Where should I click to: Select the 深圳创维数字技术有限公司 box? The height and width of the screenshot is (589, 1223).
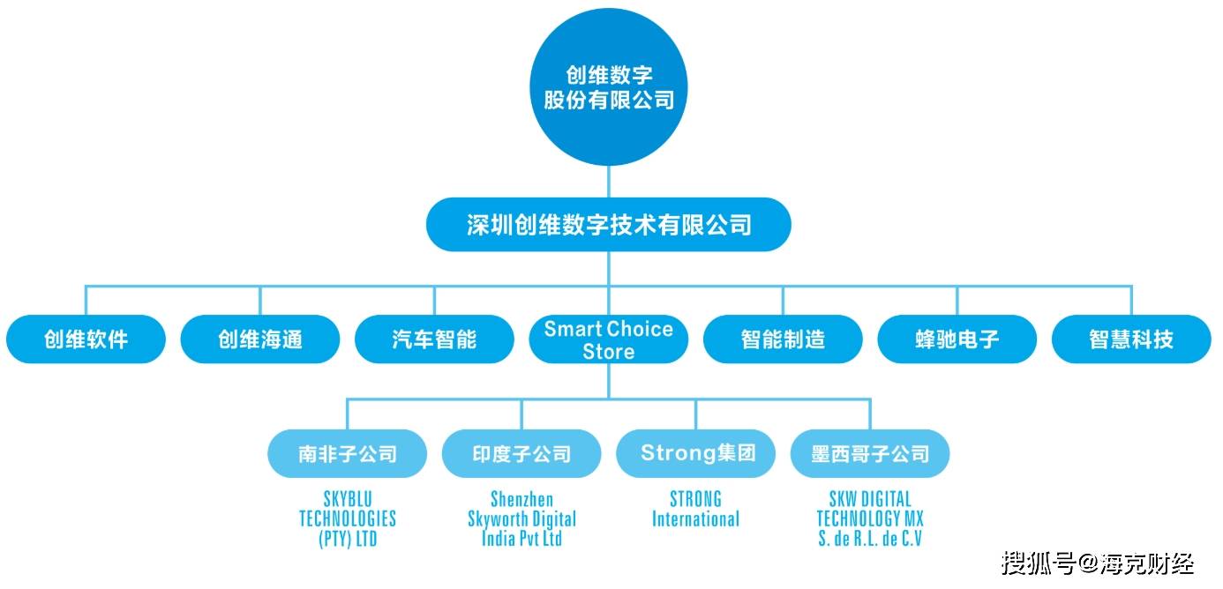click(x=608, y=225)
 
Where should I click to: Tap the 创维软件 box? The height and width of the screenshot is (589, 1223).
click(x=86, y=339)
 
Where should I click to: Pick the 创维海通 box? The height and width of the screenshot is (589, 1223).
click(x=260, y=339)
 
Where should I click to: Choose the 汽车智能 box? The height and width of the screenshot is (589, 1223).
click(x=434, y=339)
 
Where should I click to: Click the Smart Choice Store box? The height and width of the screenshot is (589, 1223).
click(x=608, y=339)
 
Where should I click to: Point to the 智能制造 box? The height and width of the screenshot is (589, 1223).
click(x=783, y=339)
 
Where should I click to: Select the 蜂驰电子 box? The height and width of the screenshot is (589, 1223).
click(x=957, y=339)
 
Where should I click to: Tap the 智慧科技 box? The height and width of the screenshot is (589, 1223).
click(x=1131, y=339)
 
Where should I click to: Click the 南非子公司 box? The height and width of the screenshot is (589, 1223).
click(x=348, y=454)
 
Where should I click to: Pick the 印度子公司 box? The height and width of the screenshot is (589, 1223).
click(x=521, y=454)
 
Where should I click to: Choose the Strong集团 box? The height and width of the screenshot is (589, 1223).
click(x=696, y=454)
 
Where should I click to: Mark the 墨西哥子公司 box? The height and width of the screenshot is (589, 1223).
click(x=870, y=454)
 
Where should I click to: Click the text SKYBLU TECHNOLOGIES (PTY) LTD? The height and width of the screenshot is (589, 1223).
click(x=348, y=519)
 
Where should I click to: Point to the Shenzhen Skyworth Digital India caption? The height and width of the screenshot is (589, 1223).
click(x=521, y=519)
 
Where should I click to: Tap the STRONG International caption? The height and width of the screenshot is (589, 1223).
click(x=696, y=510)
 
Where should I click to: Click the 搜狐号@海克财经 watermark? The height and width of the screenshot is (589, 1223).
click(x=1098, y=562)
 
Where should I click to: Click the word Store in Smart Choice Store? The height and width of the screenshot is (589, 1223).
click(x=608, y=352)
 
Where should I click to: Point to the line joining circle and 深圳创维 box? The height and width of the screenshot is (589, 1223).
click(x=608, y=183)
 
